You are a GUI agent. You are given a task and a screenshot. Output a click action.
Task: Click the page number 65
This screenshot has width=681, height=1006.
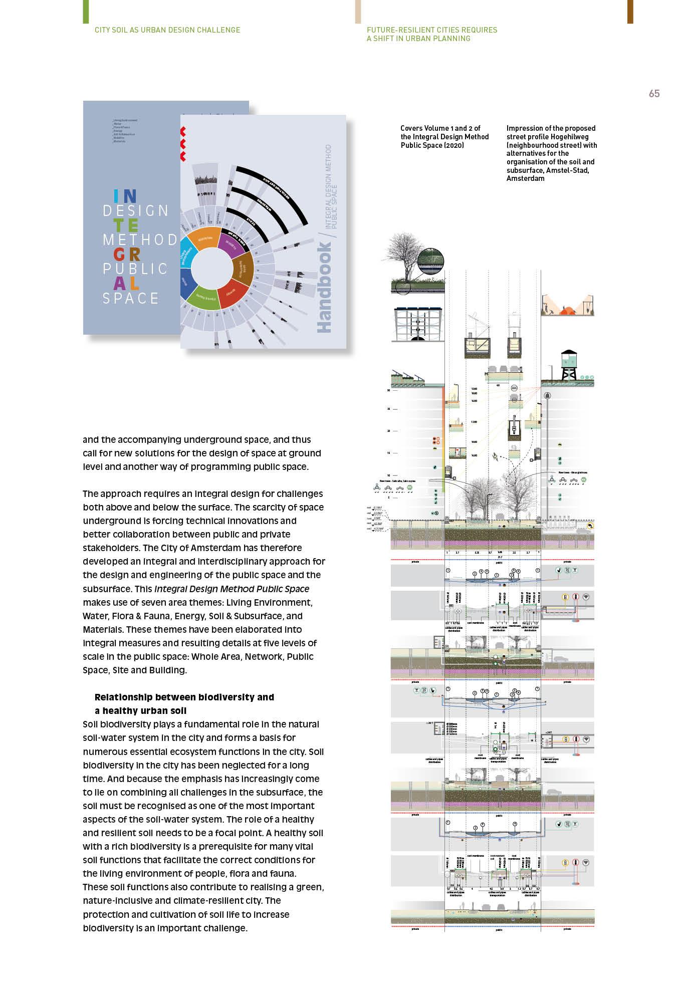(x=654, y=94)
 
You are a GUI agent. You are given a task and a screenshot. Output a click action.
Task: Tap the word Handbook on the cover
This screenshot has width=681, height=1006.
(x=325, y=288)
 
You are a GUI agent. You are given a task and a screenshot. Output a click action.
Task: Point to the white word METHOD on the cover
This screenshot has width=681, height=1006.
(x=140, y=239)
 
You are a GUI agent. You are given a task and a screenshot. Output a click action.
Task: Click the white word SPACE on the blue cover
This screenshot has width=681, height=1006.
(x=131, y=298)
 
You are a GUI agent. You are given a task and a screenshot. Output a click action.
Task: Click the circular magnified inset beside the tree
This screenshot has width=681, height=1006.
(x=431, y=261)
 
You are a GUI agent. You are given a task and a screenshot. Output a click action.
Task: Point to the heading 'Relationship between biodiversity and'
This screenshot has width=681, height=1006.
(x=184, y=697)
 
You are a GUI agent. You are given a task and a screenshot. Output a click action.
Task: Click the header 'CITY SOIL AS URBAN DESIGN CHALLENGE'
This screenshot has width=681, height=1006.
(x=167, y=30)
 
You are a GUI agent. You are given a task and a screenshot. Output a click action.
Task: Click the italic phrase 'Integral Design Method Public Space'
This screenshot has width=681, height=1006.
(x=232, y=589)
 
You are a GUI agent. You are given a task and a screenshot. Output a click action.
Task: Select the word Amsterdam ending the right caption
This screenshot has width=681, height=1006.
(x=525, y=178)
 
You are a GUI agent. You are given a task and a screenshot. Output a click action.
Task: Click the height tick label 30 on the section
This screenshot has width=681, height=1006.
(x=388, y=390)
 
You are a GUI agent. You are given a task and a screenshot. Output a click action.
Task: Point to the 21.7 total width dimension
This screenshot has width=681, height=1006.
(x=499, y=557)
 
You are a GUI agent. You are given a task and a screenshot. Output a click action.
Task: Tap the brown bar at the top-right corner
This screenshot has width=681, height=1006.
(x=630, y=12)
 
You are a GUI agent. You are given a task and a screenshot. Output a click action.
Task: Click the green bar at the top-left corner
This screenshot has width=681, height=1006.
(x=86, y=12)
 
